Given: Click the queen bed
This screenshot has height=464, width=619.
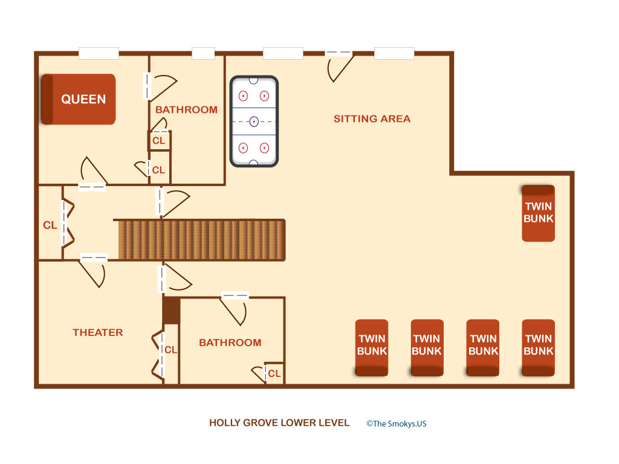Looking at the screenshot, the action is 79,100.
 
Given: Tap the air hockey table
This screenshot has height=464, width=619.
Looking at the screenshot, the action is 254,121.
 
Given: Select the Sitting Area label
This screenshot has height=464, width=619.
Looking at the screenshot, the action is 372,119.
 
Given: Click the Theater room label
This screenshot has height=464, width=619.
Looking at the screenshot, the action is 97,333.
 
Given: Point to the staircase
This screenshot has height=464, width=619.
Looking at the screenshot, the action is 201,240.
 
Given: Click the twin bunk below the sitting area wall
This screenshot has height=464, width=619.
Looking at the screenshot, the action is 539,213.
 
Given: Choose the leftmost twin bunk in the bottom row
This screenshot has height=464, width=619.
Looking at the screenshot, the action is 372,347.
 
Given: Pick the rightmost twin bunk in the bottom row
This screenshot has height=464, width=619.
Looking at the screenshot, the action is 539,347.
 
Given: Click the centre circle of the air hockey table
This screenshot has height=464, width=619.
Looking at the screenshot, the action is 254,121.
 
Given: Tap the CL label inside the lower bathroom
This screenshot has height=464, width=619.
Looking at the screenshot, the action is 274,373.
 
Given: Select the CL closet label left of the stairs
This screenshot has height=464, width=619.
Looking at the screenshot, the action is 50,225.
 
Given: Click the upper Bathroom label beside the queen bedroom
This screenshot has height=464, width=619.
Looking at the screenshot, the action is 186,110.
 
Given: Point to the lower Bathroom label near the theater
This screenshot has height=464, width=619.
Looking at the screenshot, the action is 230,343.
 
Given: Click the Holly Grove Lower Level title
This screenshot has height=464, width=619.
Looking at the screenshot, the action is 279,423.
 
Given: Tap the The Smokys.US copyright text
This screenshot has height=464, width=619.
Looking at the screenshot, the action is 397,424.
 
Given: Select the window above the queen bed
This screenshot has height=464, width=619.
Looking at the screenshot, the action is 99,53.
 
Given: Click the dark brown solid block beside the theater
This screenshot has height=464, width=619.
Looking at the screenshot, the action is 171,311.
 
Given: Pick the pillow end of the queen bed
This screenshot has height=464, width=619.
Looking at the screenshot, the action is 47,100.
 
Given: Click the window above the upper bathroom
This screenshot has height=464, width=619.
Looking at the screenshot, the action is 203,53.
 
